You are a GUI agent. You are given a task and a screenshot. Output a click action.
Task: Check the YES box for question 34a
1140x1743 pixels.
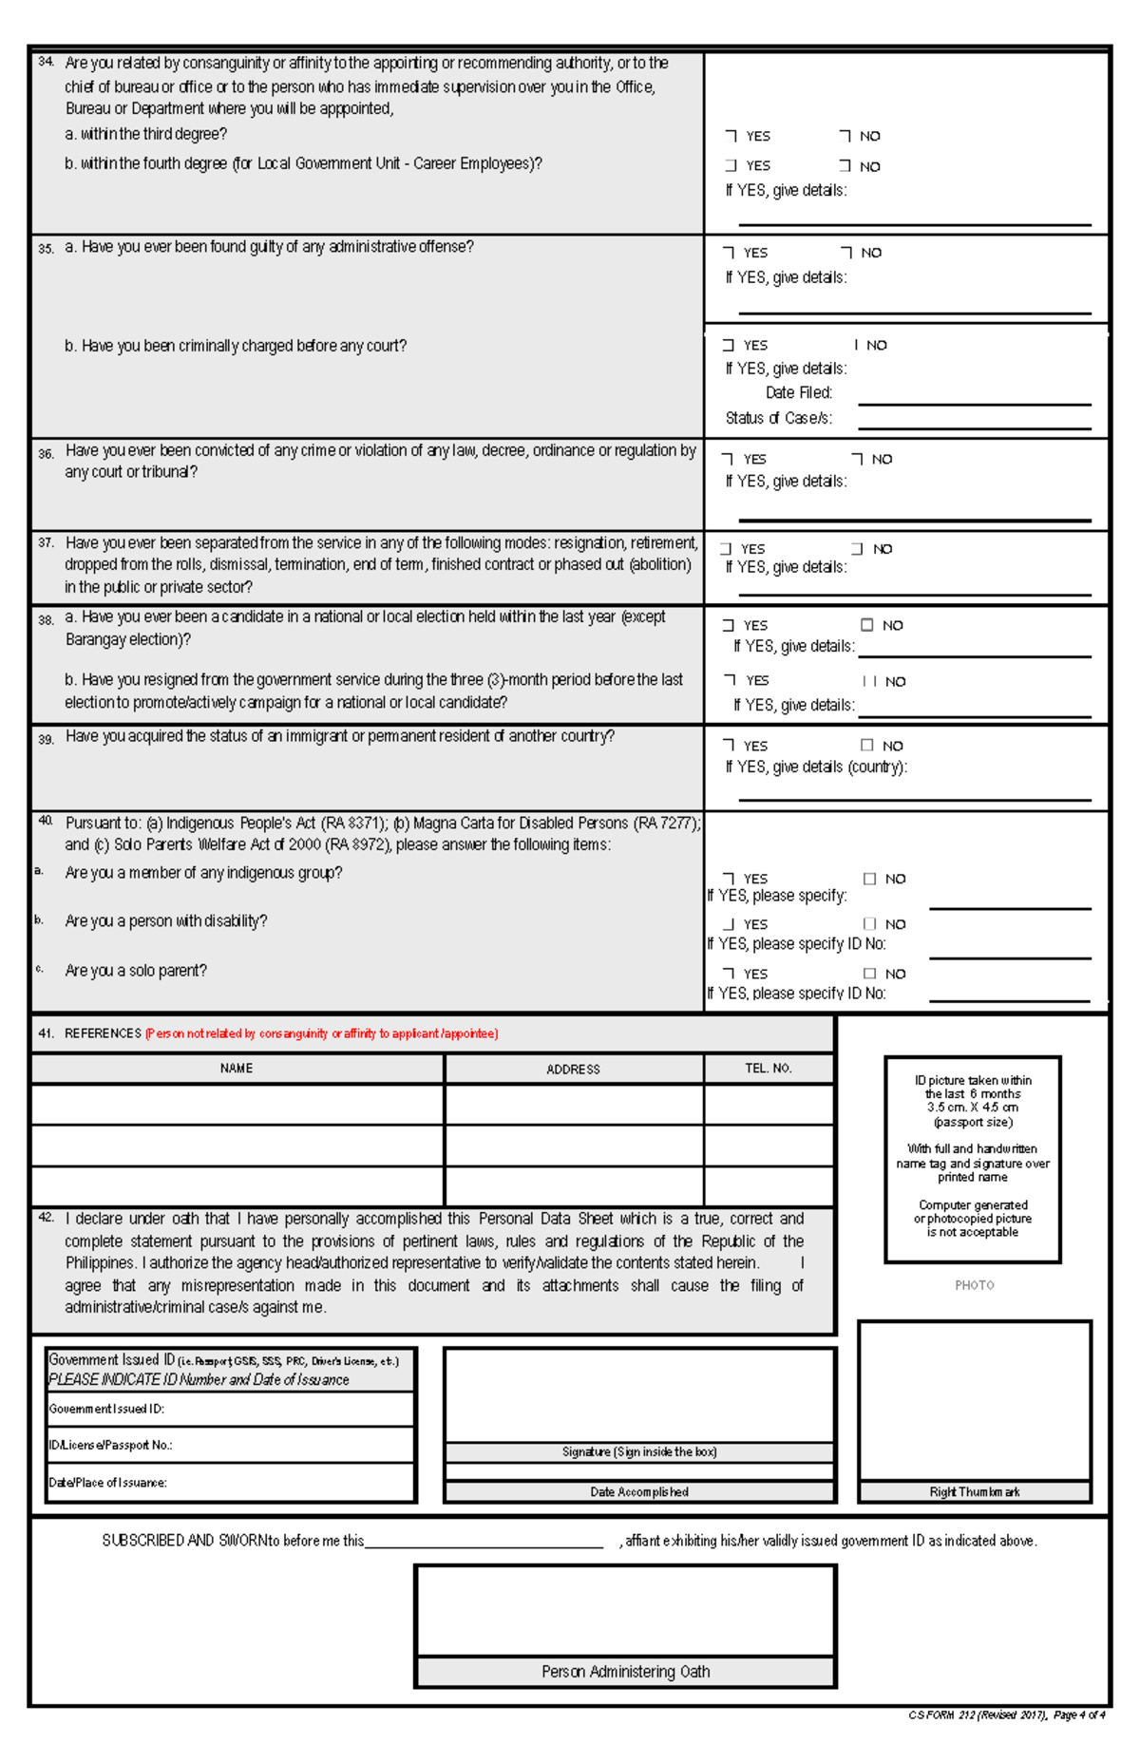click(x=731, y=136)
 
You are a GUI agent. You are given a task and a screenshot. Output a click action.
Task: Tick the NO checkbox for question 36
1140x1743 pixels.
click(x=857, y=459)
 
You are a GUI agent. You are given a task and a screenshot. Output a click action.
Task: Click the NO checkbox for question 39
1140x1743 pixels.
click(x=866, y=746)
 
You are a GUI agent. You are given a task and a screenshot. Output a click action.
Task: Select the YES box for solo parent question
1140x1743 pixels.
click(x=729, y=974)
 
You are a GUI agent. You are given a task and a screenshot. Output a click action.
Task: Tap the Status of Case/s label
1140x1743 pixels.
click(x=778, y=418)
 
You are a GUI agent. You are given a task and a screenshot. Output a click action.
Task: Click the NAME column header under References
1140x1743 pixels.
click(x=237, y=1069)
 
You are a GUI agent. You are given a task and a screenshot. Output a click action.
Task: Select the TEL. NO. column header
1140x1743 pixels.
click(x=768, y=1069)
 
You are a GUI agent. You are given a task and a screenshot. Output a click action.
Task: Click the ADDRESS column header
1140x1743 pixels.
click(x=573, y=1069)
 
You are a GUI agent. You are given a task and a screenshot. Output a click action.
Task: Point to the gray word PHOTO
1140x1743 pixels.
click(x=974, y=1285)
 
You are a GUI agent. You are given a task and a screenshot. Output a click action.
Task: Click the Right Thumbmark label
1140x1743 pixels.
click(x=974, y=1492)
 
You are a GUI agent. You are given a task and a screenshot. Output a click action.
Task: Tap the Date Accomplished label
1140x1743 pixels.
click(x=638, y=1492)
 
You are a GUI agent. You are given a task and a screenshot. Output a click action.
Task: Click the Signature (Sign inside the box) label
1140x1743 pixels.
click(x=638, y=1452)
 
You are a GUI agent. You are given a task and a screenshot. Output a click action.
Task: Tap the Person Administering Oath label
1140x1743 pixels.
click(x=625, y=1672)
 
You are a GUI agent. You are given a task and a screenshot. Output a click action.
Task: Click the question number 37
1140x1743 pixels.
click(x=46, y=542)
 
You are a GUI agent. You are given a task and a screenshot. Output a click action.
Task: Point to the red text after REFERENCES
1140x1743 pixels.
click(x=321, y=1033)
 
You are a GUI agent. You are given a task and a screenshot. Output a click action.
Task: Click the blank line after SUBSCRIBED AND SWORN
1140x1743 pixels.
click(x=484, y=1541)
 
